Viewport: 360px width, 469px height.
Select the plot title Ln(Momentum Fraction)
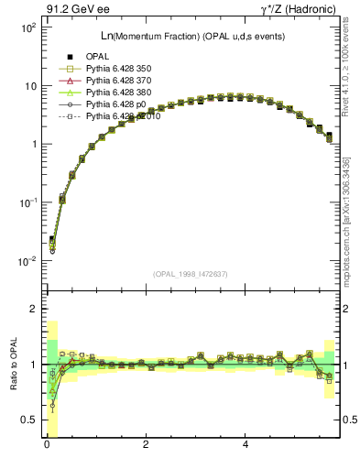point(166,36)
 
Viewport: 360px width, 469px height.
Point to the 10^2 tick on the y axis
point(27,27)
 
